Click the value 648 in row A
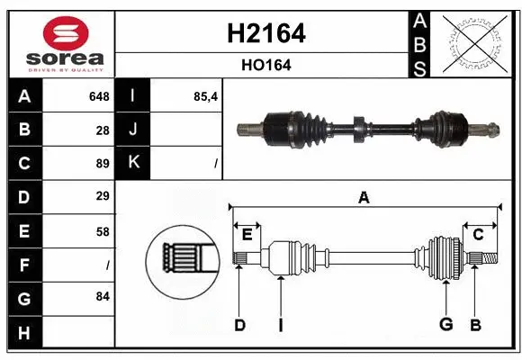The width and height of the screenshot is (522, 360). coord(98,96)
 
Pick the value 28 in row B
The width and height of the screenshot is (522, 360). coord(102,130)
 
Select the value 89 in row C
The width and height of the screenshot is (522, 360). coord(102,163)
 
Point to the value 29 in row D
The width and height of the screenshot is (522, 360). coord(102,196)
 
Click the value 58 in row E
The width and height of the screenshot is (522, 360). coord(102,230)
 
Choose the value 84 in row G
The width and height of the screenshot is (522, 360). coord(102,296)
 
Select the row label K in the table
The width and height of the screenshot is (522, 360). coord(134,163)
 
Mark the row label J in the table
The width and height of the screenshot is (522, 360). coord(134,130)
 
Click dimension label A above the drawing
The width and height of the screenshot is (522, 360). coord(364,197)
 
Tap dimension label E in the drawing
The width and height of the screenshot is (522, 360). coord(247,235)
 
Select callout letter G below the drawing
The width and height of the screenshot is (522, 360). coord(445,324)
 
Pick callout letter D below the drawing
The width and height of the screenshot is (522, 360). coord(239,324)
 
